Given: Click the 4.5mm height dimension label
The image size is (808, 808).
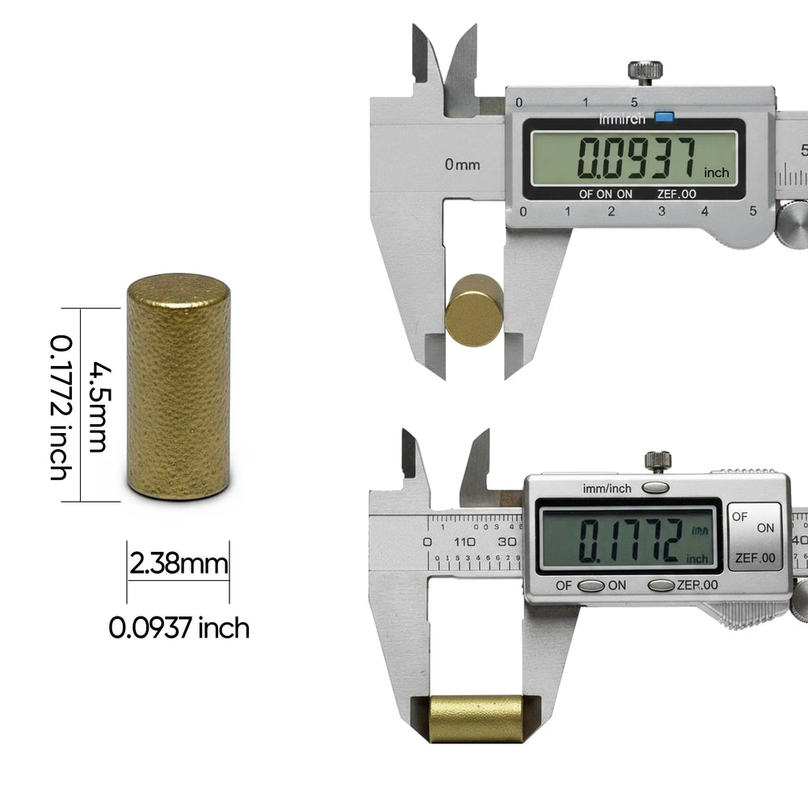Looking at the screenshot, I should tap(97, 406).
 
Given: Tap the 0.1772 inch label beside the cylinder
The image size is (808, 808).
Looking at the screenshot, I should tap(59, 406).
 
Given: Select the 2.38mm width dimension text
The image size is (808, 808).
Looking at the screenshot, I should tap(179, 563).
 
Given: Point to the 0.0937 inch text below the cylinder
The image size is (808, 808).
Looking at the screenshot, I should tap(179, 627).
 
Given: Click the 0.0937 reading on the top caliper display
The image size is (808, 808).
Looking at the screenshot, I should tap(637, 158).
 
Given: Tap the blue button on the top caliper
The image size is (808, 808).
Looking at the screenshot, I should tap(665, 118).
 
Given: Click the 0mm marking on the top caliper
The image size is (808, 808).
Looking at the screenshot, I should tap(462, 165).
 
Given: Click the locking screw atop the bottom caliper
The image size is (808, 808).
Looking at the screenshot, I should tap(658, 461).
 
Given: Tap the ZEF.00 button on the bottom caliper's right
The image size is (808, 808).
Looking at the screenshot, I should tap(755, 558).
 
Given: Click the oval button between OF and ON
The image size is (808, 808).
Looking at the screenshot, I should tap(592, 585).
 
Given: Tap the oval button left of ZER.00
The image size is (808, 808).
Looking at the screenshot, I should tap(662, 585).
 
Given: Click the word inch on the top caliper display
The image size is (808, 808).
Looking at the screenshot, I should tap(716, 172).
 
